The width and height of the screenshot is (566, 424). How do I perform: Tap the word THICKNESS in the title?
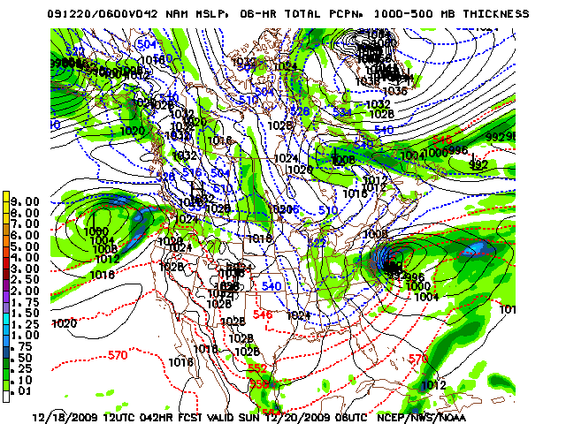[x=493, y=14]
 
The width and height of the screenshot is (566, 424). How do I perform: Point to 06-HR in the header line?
[x=280, y=14]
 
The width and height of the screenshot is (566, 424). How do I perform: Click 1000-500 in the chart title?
[x=417, y=14]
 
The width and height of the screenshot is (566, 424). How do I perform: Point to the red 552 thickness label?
[x=257, y=367]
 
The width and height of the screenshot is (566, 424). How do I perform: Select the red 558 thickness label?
[x=257, y=384]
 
